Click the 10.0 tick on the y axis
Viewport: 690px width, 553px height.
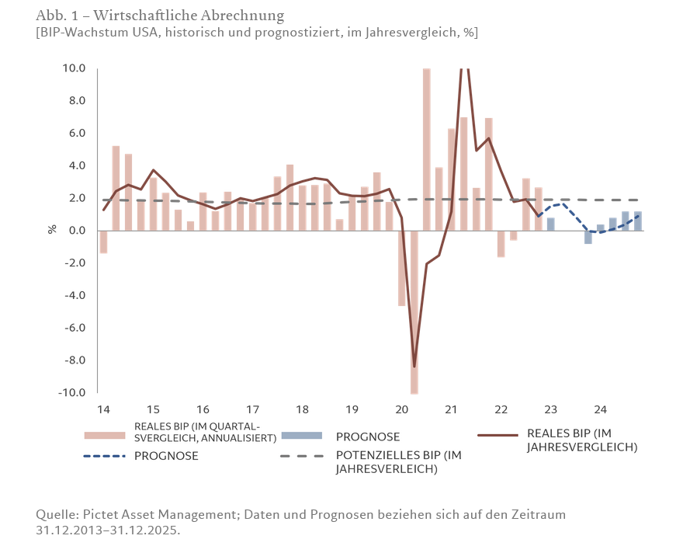pos(75,68)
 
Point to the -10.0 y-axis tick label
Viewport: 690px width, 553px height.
pos(72,392)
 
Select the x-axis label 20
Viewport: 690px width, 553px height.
pos(401,409)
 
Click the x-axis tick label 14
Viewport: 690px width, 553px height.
pos(102,409)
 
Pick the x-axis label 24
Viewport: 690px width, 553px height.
pos(600,409)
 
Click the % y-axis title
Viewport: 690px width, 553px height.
pos(53,230)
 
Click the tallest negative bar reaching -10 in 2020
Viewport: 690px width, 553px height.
pos(414,311)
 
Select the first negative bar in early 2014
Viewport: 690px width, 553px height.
pos(103,242)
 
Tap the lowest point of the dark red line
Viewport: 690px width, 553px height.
pos(414,366)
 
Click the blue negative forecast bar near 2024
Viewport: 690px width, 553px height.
pos(588,237)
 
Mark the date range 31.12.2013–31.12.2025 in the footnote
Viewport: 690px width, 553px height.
pos(108,530)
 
